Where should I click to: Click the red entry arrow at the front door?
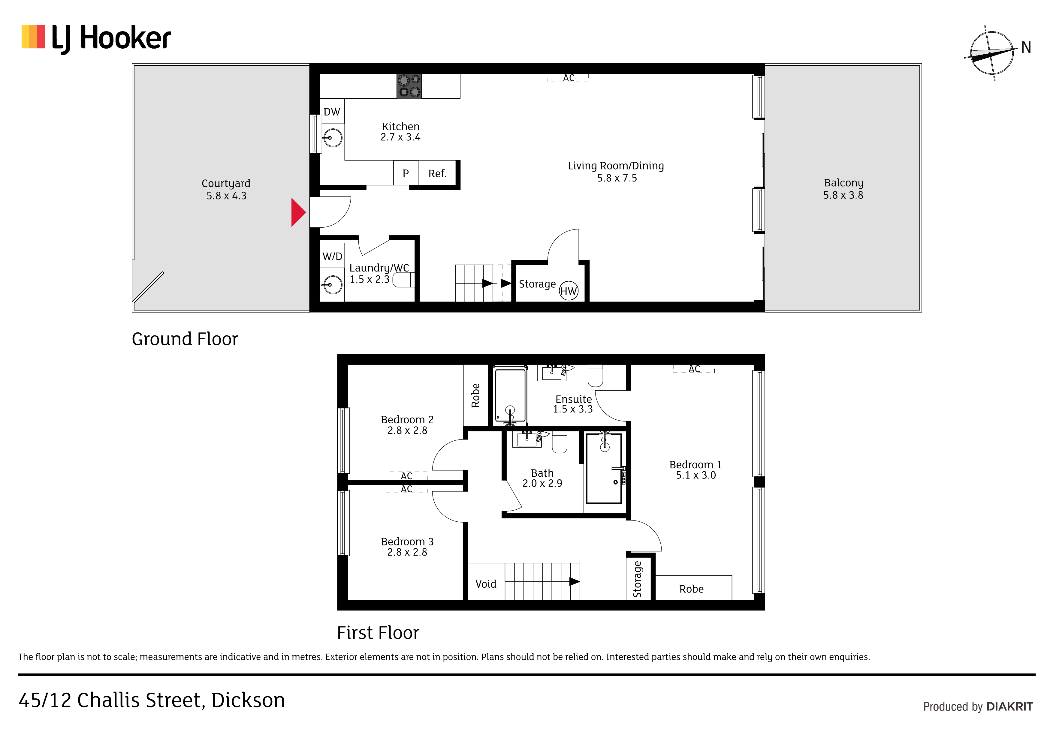pos(298,212)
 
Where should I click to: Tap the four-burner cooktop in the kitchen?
pos(409,86)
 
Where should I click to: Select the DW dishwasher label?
pos(332,112)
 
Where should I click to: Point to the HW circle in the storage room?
pos(569,291)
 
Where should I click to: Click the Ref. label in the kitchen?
pos(437,174)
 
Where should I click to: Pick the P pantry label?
pos(406,174)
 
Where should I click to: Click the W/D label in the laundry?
pos(333,256)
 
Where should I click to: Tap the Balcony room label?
pos(843,183)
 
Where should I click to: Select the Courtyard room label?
pos(226,183)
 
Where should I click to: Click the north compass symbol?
pos(991,53)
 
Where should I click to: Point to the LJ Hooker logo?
pos(96,38)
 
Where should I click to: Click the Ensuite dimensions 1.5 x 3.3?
pos(573,409)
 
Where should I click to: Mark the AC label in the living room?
pos(569,78)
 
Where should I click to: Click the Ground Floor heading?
pos(185,339)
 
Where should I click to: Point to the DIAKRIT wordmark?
pos(1010,707)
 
